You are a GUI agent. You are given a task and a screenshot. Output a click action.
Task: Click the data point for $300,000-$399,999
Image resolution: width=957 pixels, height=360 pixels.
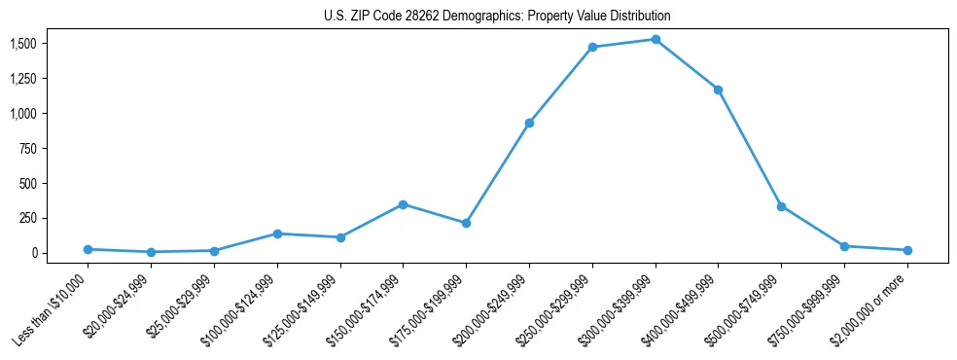click(x=656, y=40)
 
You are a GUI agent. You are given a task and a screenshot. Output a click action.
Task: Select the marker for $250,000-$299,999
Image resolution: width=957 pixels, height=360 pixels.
click(x=592, y=47)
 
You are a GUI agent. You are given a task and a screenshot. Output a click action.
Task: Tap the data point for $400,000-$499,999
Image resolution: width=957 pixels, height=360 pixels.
click(x=718, y=90)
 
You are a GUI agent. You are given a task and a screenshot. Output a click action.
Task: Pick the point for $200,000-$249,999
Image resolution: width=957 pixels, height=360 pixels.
click(x=529, y=123)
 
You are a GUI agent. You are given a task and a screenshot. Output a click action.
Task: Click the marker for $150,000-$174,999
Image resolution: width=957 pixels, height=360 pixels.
click(x=403, y=204)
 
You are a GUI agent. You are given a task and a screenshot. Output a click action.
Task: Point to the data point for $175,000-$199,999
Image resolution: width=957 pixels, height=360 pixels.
click(x=466, y=223)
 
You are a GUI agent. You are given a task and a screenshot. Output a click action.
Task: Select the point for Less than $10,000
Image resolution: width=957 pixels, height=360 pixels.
click(x=88, y=249)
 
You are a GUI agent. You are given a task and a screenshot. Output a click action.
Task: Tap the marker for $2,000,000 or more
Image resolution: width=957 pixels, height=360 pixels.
click(x=907, y=250)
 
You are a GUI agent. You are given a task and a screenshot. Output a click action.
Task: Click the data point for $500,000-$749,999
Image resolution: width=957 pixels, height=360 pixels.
click(x=781, y=206)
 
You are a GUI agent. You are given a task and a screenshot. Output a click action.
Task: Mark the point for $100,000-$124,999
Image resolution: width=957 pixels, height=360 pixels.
click(x=277, y=234)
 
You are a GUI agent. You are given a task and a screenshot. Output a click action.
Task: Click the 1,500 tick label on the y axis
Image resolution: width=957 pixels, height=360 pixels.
click(x=22, y=44)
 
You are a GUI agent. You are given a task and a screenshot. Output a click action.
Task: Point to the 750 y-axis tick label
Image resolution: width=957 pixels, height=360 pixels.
click(x=28, y=148)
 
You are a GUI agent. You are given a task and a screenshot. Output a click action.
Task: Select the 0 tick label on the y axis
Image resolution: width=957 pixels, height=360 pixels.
click(x=34, y=253)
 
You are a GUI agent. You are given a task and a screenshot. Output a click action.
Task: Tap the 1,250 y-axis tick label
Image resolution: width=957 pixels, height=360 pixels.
click(x=22, y=79)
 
